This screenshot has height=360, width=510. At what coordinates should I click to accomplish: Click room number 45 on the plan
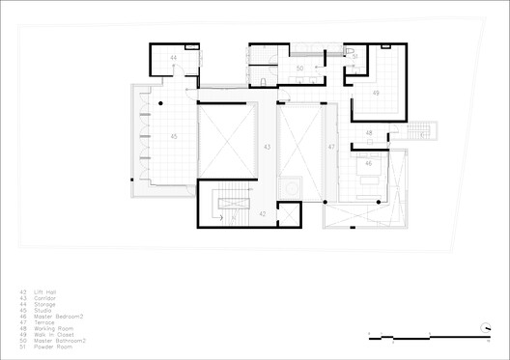point(174,136)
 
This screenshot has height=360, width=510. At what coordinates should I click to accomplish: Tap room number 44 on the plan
point(174,59)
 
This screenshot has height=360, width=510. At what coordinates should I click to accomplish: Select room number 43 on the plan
point(268,147)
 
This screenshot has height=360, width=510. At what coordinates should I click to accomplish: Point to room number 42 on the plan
point(262,213)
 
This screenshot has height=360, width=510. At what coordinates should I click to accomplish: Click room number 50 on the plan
point(299,69)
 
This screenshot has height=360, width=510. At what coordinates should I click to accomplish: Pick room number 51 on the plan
point(354,58)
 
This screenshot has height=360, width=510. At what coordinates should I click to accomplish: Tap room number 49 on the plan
point(375,93)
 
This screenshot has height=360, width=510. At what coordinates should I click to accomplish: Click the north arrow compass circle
point(486,328)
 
